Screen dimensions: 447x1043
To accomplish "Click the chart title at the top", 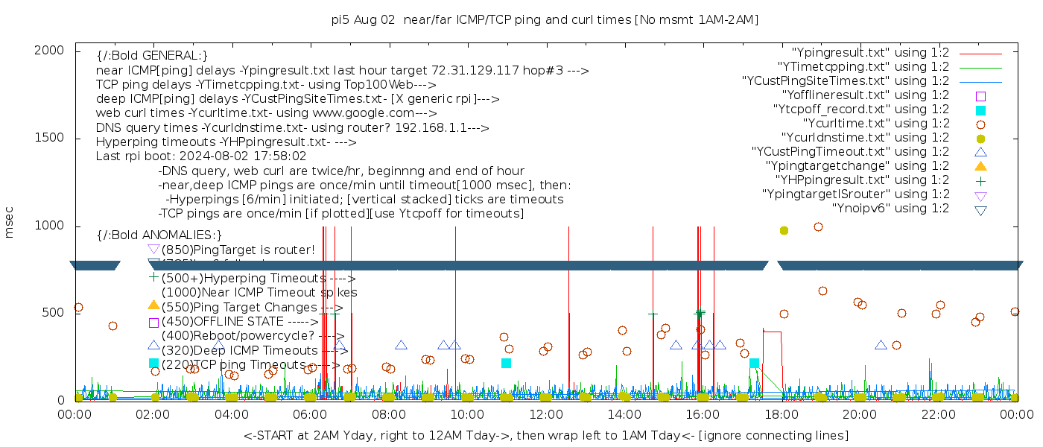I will pos(545,20).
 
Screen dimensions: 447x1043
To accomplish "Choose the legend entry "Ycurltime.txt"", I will pos(875,124).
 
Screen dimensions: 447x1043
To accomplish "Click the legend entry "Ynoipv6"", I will pos(890,209).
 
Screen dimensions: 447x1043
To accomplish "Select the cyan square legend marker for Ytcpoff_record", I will pos(980,110).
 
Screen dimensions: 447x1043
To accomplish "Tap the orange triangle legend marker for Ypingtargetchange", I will pos(980,166).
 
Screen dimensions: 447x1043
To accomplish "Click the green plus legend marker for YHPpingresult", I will pos(980,180).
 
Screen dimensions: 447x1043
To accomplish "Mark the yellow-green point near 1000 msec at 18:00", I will pos(784,231).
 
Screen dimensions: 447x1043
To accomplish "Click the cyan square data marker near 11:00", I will pos(507,364).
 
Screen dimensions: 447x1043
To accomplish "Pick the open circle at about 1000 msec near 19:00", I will pos(818,227).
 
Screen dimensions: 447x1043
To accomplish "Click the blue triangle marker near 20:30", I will pos(881,345).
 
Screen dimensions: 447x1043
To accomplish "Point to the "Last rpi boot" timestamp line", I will pos(201,156).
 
